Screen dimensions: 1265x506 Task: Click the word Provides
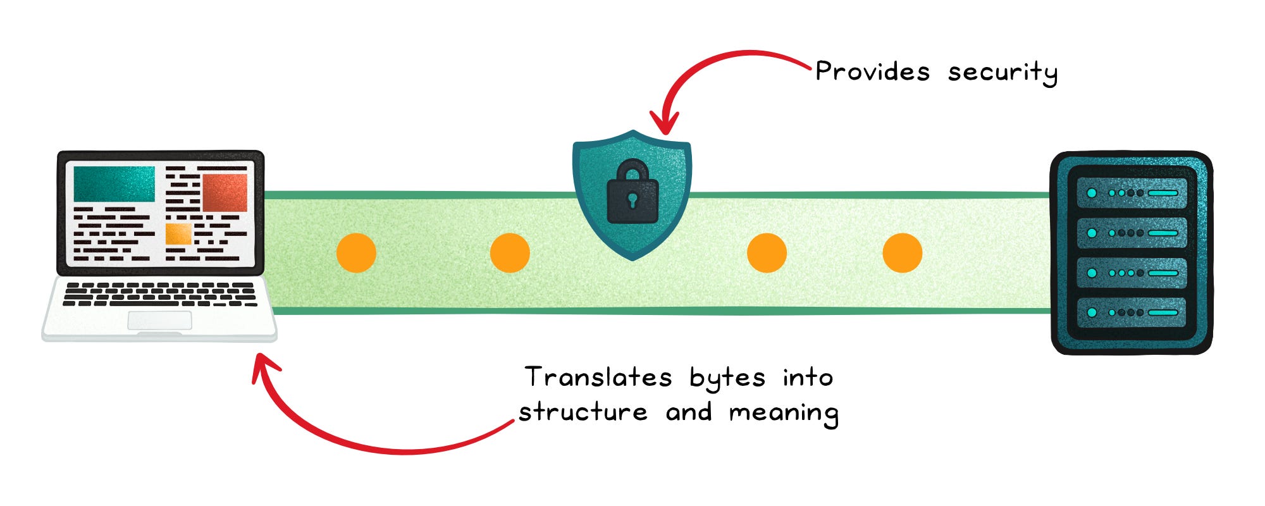click(x=872, y=71)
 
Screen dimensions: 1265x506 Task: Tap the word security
click(x=1002, y=73)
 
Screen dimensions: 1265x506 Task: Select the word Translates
click(x=598, y=378)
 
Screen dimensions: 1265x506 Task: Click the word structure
click(x=583, y=412)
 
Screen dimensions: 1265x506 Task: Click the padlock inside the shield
click(x=632, y=193)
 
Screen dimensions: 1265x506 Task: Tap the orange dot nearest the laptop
click(x=356, y=253)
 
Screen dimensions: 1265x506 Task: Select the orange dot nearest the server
click(x=902, y=253)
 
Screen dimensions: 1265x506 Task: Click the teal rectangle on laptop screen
click(x=114, y=183)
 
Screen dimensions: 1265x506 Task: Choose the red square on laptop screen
click(x=225, y=192)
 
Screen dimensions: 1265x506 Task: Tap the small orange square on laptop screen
click(x=178, y=233)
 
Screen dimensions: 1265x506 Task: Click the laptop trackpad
click(x=159, y=321)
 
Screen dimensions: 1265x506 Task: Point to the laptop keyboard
click(x=159, y=294)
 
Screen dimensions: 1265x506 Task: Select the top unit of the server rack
click(x=1132, y=193)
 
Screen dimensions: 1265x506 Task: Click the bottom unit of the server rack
click(x=1132, y=312)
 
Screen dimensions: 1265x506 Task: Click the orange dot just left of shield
click(x=510, y=253)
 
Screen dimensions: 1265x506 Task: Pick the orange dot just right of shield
click(x=767, y=253)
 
